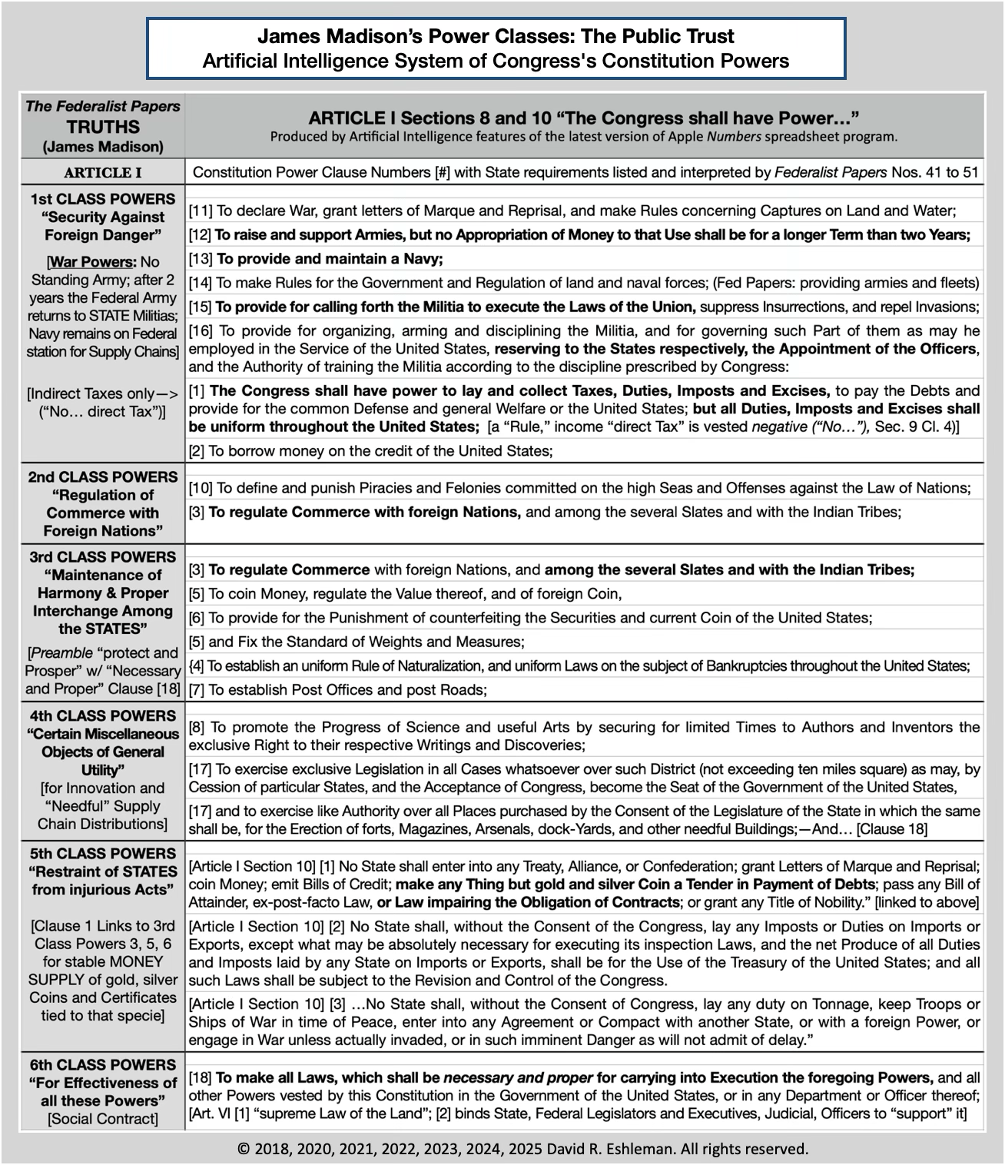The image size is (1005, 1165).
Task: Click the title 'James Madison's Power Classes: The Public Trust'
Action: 496,36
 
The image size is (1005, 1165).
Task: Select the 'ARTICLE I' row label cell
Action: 103,172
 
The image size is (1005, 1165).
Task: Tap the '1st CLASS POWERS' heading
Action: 103,199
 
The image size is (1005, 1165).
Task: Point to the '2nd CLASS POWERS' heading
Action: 103,477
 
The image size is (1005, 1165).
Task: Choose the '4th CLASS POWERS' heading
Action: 103,716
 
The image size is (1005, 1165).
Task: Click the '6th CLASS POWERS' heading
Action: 103,1065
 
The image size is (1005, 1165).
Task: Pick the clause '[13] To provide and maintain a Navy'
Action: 317,258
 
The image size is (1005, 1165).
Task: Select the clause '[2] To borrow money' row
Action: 371,451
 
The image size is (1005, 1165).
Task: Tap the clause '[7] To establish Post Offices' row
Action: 338,690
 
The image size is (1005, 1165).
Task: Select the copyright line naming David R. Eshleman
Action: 522,1150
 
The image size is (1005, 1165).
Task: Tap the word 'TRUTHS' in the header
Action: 103,127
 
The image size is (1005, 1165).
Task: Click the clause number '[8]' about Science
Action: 196,727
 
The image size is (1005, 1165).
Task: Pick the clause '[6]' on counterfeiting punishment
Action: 530,618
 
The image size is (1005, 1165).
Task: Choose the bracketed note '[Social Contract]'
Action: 103,1119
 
